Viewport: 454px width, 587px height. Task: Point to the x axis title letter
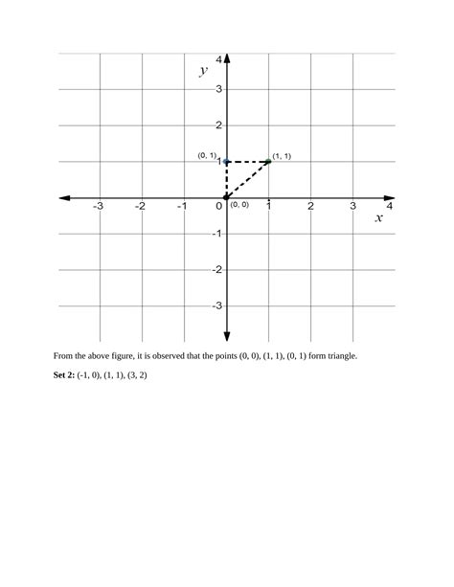click(x=378, y=218)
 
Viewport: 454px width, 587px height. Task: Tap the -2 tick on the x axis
click(x=140, y=206)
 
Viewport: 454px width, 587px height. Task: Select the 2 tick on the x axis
click(x=311, y=206)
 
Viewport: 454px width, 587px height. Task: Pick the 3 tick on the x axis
click(x=352, y=206)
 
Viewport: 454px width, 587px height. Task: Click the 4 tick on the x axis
click(x=389, y=206)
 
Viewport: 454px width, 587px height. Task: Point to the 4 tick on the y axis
click(x=219, y=59)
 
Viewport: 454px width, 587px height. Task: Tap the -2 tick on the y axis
click(x=216, y=270)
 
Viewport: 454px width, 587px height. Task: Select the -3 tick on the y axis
click(x=216, y=305)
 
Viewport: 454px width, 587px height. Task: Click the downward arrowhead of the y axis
click(x=227, y=335)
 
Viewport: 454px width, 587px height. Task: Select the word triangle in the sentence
click(x=338, y=355)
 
